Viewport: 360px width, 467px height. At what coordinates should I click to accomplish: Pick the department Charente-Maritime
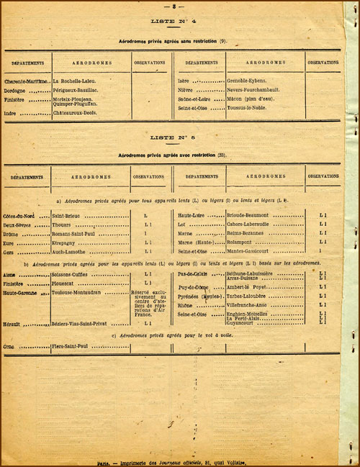coord(27,81)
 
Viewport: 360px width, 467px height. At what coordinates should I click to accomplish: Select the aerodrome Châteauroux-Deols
coord(77,113)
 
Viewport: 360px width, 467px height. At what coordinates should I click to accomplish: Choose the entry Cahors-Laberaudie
coord(253,224)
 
